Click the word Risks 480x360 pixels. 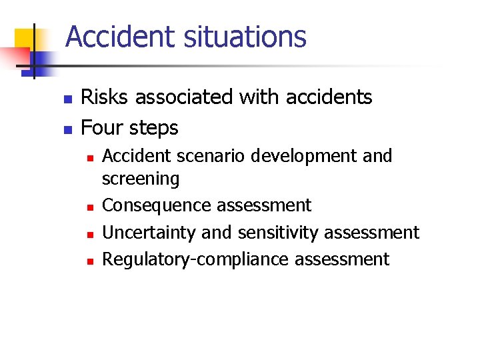coord(105,97)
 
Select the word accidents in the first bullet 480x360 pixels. coord(329,97)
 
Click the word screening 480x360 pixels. coord(141,179)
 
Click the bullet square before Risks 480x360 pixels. coord(66,99)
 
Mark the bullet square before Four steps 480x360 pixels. coord(66,128)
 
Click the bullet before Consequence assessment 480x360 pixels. coord(89,207)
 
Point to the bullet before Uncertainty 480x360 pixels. coord(89,233)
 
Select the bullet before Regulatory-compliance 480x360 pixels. coord(89,260)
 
